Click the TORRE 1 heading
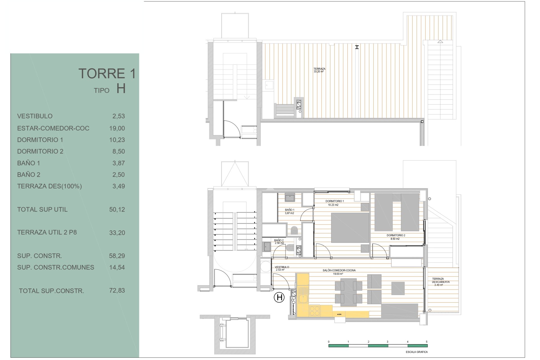[x=107, y=74]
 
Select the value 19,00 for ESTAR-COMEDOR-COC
[x=117, y=128]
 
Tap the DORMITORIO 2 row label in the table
[x=40, y=151]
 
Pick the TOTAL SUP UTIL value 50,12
[x=117, y=210]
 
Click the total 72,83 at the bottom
[x=117, y=291]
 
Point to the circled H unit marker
[x=279, y=297]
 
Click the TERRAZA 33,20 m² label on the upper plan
[x=319, y=70]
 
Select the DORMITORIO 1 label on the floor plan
[x=334, y=201]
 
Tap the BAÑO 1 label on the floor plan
[x=289, y=210]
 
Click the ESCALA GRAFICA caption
[x=417, y=352]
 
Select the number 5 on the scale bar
[x=426, y=342]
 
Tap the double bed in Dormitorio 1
[x=350, y=227]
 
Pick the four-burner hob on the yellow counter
[x=314, y=311]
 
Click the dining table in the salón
[x=348, y=292]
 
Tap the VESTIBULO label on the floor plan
[x=282, y=267]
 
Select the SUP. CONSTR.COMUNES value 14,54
[x=117, y=267]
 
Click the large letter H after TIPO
[x=121, y=89]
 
